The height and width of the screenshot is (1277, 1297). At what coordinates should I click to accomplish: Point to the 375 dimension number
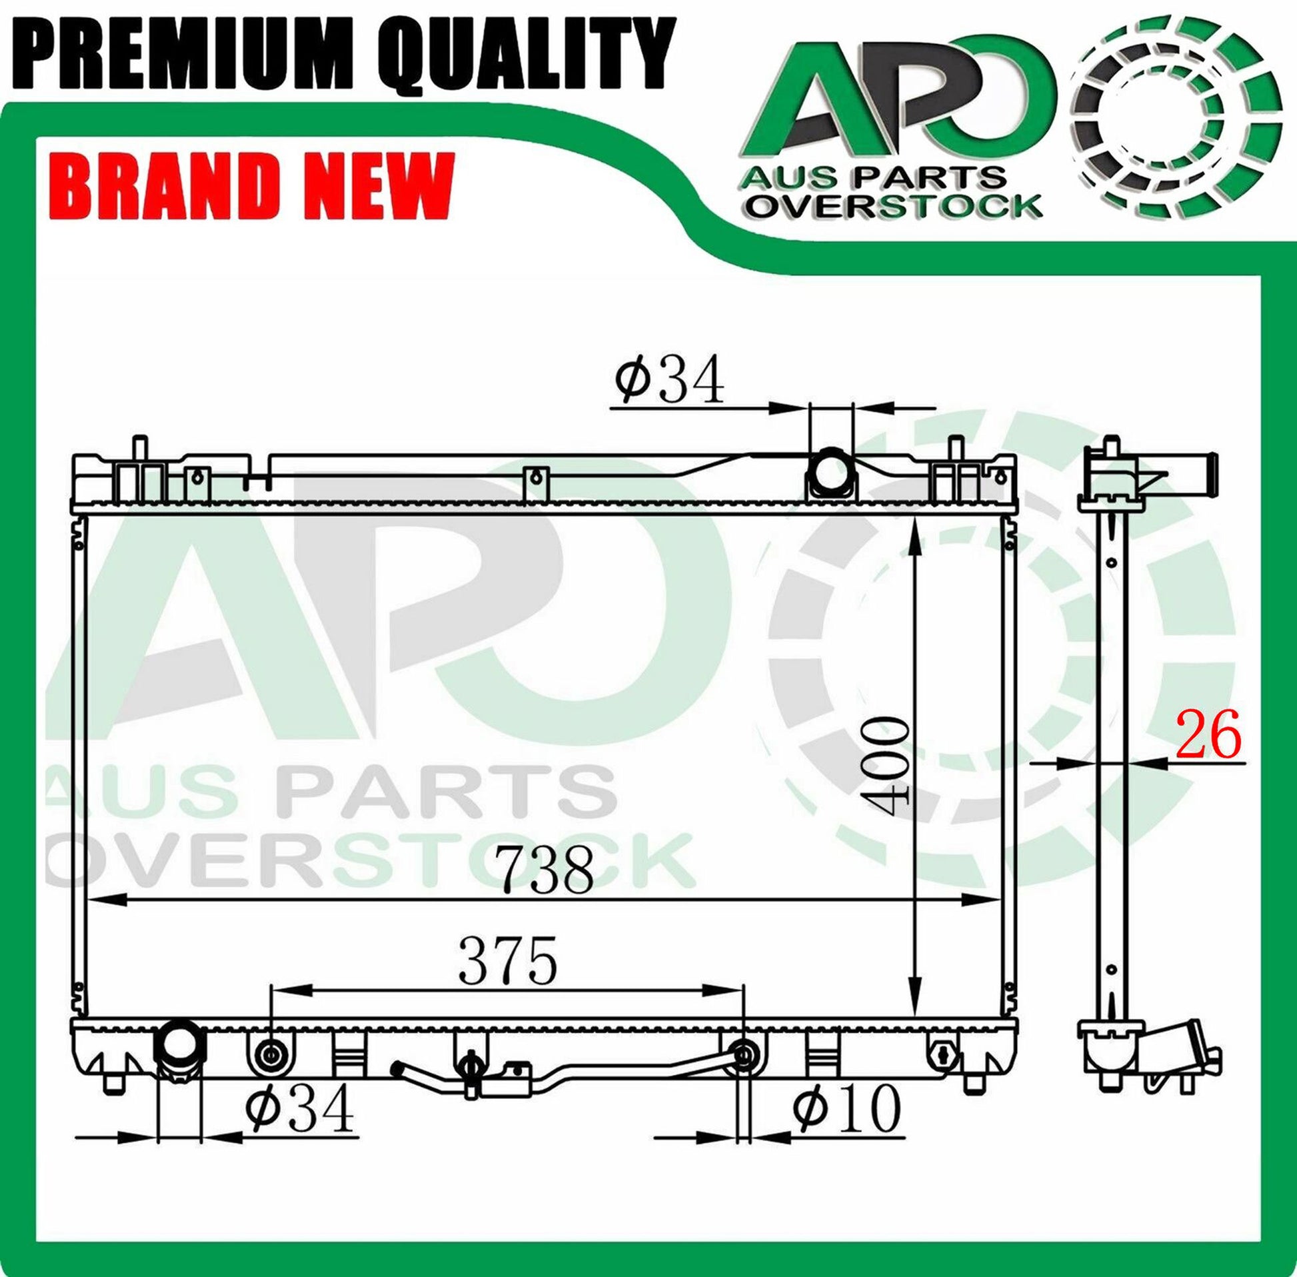coord(508,961)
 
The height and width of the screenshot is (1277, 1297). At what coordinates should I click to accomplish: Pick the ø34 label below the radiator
coord(300,1108)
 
